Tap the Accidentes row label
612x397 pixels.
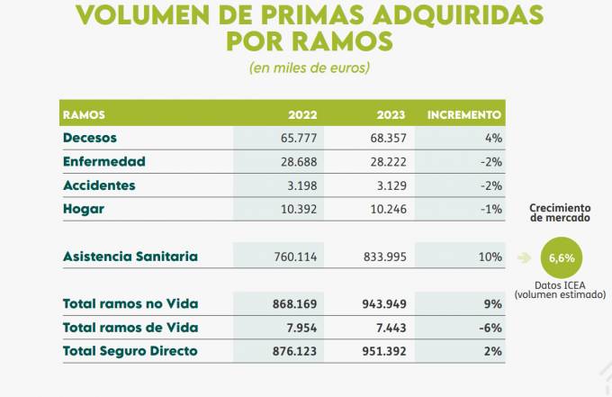(99, 185)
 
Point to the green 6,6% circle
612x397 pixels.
(561, 257)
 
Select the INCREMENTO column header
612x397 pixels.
(463, 115)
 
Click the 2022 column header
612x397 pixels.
(302, 115)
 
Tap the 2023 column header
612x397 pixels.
(391, 115)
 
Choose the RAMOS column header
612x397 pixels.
(84, 115)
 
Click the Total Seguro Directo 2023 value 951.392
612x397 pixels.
(382, 350)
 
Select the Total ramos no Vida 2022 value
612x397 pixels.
(294, 303)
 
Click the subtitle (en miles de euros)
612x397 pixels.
(309, 68)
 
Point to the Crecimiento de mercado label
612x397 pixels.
(560, 212)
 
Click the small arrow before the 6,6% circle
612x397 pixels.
(523, 257)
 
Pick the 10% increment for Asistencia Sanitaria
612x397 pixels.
(490, 257)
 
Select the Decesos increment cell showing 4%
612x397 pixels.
(492, 139)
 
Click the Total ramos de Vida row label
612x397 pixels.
(130, 327)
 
